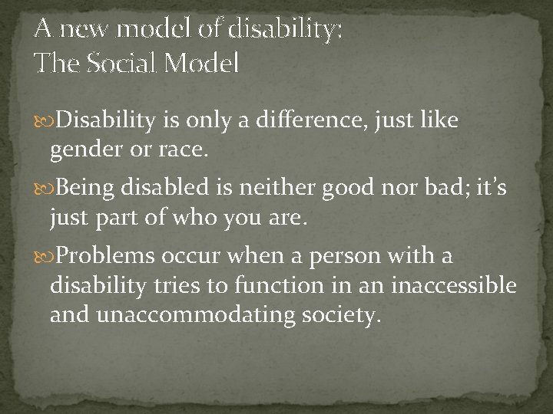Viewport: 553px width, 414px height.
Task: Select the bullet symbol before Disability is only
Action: tap(43, 120)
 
